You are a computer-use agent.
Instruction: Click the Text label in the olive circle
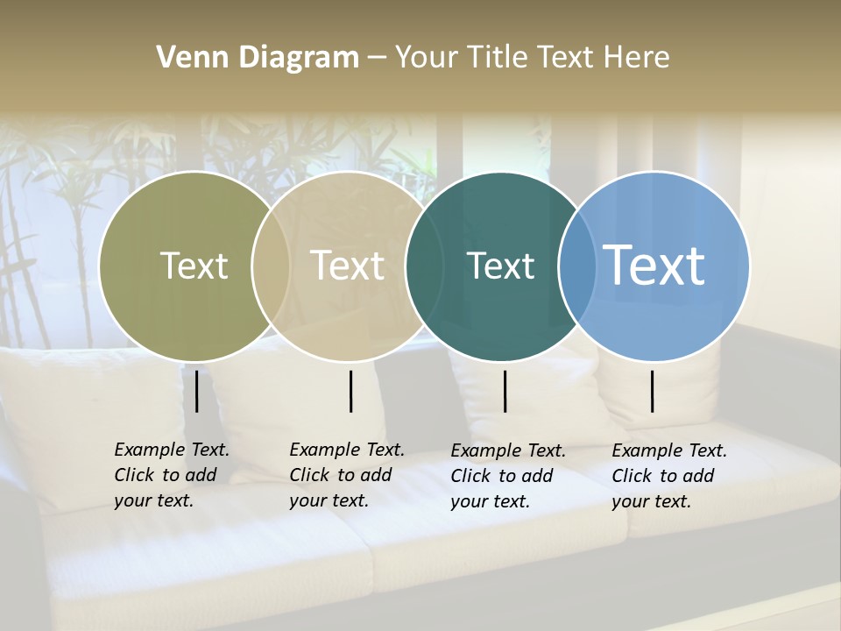coord(194,266)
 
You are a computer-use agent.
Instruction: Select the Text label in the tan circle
coord(348,266)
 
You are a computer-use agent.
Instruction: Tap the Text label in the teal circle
coord(500,266)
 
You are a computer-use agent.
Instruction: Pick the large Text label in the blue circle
coord(654,265)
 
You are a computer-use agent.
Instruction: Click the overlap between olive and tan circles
coord(271,266)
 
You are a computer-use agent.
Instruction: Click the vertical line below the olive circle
coord(197,391)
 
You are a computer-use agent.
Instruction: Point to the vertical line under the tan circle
coord(351,391)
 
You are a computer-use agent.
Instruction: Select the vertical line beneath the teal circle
coord(505,391)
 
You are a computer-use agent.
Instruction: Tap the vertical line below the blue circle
coord(653,391)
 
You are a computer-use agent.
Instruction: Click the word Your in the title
coord(427,58)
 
